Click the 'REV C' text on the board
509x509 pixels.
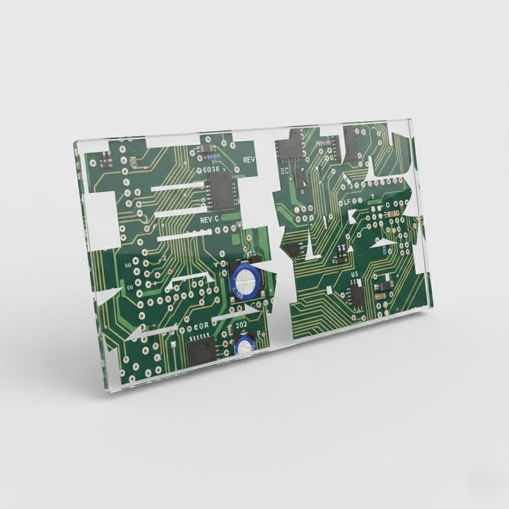(209, 219)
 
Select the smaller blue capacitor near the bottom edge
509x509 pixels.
(244, 345)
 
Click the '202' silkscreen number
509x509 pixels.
(241, 325)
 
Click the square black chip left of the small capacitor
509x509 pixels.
(202, 351)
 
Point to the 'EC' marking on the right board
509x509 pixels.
(284, 172)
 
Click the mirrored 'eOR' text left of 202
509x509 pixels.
(202, 325)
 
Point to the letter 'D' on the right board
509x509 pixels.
(387, 207)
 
